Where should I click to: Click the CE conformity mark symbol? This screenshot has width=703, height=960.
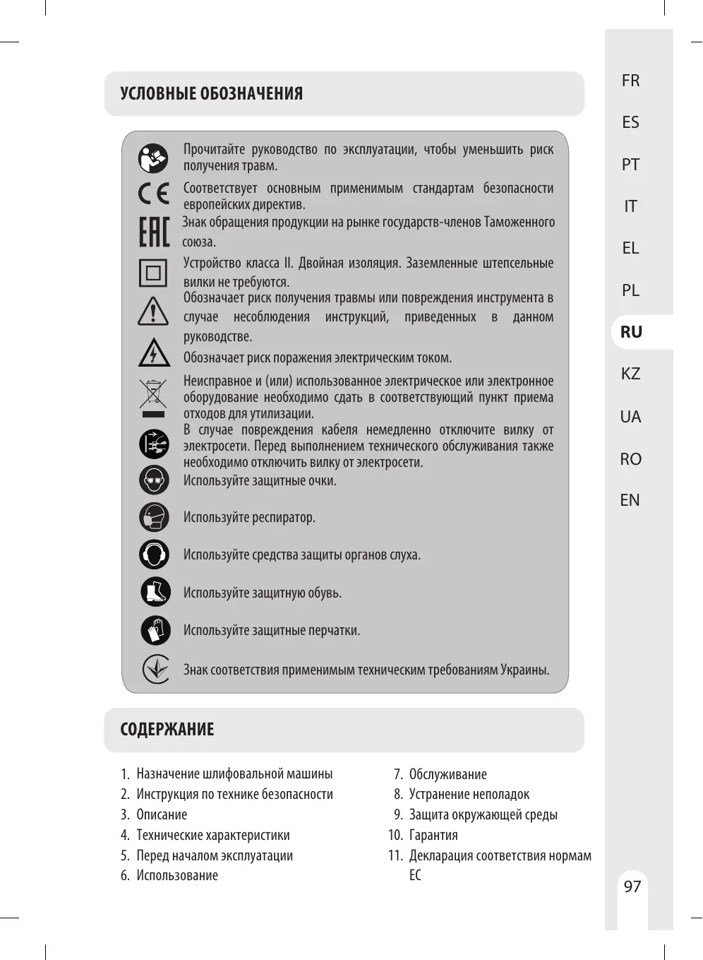[x=153, y=193]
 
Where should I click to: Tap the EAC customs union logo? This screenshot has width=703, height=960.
[x=154, y=232]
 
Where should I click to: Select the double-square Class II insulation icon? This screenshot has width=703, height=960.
[x=153, y=273]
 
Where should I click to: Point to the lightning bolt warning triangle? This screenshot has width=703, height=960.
[x=154, y=352]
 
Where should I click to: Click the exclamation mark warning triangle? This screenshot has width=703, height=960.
[x=153, y=312]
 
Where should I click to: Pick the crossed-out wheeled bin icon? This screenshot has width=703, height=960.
[x=153, y=397]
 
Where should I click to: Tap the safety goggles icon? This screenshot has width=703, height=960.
[x=154, y=480]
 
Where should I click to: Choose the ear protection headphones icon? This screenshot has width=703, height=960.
[x=154, y=555]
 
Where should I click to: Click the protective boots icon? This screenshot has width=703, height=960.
[x=155, y=592]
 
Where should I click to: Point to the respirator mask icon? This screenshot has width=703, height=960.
[x=154, y=517]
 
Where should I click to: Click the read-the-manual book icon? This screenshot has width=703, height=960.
[x=153, y=158]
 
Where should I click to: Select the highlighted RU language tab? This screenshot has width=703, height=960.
[x=631, y=332]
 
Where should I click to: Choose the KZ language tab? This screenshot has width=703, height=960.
[x=630, y=374]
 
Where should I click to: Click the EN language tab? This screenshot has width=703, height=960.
[x=630, y=500]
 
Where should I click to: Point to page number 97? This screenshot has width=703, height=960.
[x=632, y=887]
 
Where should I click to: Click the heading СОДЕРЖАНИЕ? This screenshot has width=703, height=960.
[x=167, y=730]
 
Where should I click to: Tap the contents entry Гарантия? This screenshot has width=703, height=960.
[x=433, y=835]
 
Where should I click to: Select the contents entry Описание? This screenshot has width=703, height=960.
[x=162, y=814]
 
